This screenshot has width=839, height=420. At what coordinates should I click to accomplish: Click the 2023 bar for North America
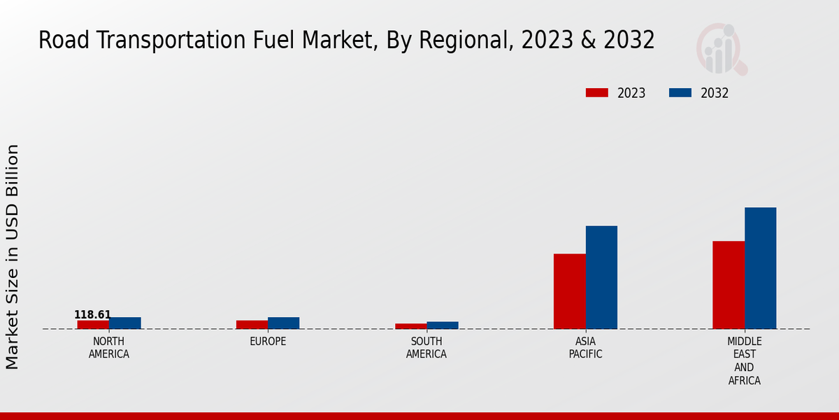(93, 325)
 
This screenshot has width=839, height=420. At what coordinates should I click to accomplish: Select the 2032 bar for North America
(125, 323)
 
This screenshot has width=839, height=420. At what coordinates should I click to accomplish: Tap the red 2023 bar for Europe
(252, 325)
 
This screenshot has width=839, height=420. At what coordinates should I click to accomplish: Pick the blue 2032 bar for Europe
(284, 323)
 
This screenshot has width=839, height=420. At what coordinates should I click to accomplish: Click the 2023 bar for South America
(410, 326)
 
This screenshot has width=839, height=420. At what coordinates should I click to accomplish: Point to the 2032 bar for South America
(443, 325)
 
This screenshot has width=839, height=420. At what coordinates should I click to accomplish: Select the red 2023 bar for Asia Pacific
(569, 291)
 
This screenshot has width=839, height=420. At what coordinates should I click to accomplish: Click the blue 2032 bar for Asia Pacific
(601, 277)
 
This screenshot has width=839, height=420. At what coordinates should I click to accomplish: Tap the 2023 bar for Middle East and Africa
(729, 285)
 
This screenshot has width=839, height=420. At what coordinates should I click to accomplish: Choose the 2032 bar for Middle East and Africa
(761, 268)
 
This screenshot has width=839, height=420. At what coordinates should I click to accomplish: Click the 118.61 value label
(92, 315)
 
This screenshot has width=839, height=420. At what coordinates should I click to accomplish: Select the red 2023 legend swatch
(597, 93)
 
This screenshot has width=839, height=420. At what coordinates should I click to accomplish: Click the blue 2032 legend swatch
(680, 93)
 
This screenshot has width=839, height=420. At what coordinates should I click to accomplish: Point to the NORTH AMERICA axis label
(109, 348)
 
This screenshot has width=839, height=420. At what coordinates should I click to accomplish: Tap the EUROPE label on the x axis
(268, 342)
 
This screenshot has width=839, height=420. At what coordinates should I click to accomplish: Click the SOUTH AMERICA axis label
(426, 348)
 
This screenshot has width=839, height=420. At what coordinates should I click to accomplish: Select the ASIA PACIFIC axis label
(585, 348)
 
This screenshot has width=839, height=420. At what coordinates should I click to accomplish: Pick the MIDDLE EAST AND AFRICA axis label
(744, 361)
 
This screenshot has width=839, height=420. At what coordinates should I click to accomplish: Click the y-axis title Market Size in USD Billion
(13, 256)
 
